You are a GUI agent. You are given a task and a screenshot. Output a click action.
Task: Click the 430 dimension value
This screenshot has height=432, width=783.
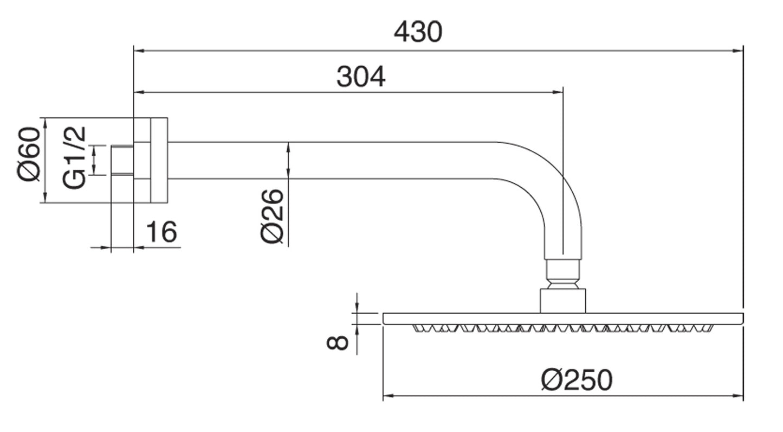[418, 32]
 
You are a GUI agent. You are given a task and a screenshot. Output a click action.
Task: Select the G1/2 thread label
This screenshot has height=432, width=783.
[74, 157]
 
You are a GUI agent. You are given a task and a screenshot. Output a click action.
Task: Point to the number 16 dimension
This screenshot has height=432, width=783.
[161, 232]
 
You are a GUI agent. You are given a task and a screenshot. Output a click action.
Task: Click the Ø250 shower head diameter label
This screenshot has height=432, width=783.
[576, 380]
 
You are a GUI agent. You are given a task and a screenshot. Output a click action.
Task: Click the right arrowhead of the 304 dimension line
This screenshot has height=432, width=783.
[559, 92]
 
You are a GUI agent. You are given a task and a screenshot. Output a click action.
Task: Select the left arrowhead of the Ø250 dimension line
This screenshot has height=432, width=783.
[388, 397]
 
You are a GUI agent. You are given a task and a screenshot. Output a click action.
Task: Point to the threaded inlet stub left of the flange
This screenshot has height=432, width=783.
[122, 160]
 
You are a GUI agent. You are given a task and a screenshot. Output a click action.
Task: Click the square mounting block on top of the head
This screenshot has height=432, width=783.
[562, 301]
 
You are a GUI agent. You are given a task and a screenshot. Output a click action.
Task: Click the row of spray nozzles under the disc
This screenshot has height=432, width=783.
[561, 328]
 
